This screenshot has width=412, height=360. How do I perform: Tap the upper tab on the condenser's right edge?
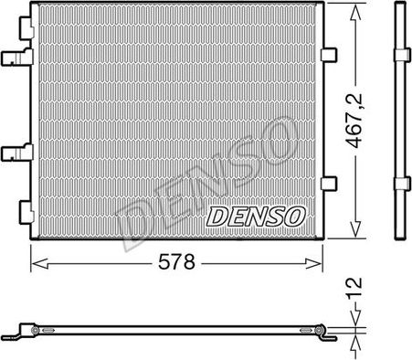(327, 57)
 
